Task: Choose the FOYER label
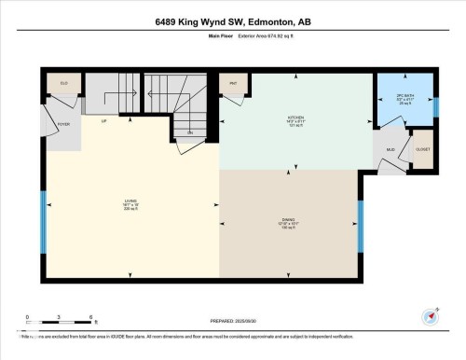pos(63,122)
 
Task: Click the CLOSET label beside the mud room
pos(422,148)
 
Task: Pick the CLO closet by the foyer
pos(64,84)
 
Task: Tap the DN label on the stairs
pos(189,133)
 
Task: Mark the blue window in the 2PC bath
pos(435,106)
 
